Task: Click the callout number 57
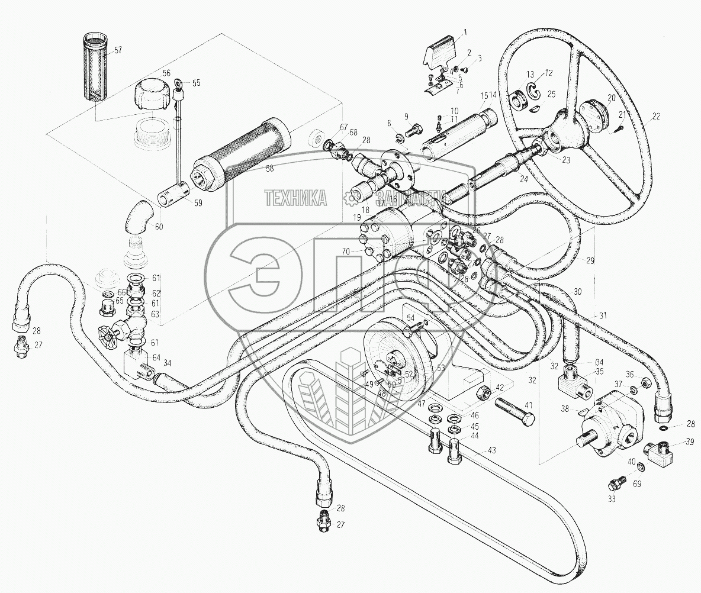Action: pos(118,50)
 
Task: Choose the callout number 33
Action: pos(612,499)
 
